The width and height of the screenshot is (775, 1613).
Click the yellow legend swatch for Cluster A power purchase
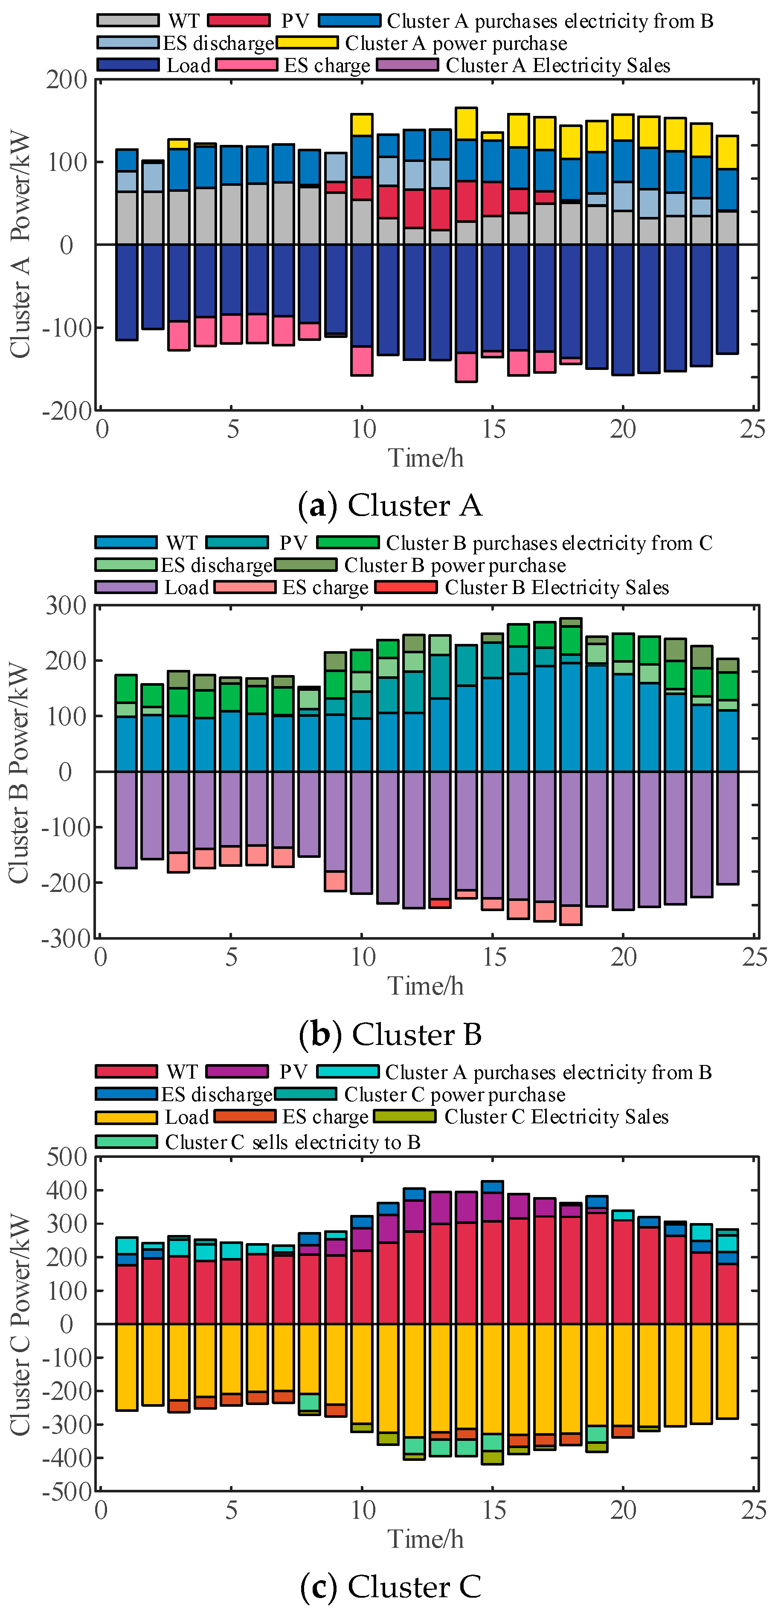tap(307, 43)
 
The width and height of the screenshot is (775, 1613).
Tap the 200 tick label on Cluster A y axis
tap(67, 80)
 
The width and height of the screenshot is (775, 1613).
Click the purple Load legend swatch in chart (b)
tap(125, 587)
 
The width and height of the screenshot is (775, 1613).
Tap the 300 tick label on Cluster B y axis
tap(65, 606)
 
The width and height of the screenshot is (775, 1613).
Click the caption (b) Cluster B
tap(390, 1034)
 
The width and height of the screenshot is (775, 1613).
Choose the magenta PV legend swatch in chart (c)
tap(237, 1071)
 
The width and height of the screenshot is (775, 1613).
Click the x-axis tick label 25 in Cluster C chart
tap(754, 1510)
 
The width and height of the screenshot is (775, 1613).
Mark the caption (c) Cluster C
tap(390, 1586)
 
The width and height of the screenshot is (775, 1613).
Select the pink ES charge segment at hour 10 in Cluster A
tap(362, 361)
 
